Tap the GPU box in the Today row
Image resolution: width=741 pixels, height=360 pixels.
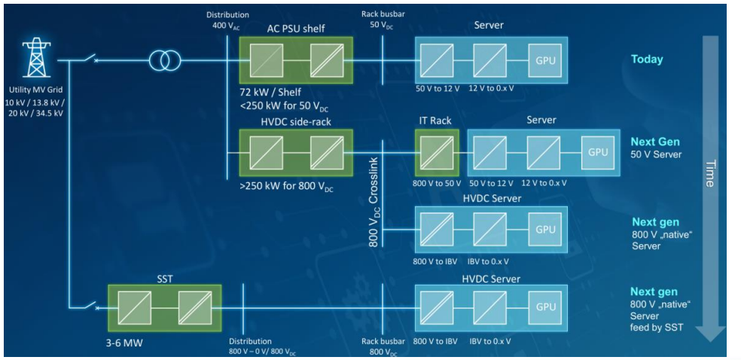(544, 60)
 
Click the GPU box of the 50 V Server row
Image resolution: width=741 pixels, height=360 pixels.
(598, 151)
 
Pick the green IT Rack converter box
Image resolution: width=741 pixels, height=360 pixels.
(436, 151)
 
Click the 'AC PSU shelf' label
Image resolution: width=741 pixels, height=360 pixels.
(295, 28)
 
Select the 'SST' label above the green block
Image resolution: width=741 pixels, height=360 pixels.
(164, 278)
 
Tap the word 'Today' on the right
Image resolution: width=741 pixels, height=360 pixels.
(647, 59)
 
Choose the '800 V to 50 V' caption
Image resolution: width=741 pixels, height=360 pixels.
(436, 182)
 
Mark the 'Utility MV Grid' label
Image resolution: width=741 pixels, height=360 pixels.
(34, 90)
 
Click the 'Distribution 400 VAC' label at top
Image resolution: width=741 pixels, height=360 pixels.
(227, 20)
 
